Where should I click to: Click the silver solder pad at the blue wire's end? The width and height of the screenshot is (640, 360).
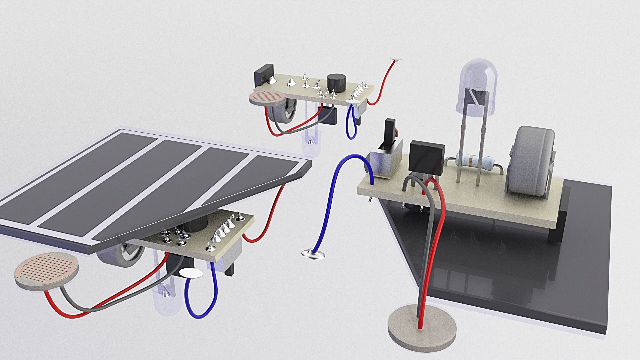coord(313,254)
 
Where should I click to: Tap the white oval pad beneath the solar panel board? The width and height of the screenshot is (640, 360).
coord(191,273)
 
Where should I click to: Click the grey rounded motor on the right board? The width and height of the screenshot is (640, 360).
coord(530,160)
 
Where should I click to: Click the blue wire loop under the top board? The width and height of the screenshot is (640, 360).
coord(351,125)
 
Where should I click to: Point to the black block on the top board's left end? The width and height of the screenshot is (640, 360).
coord(264,75)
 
